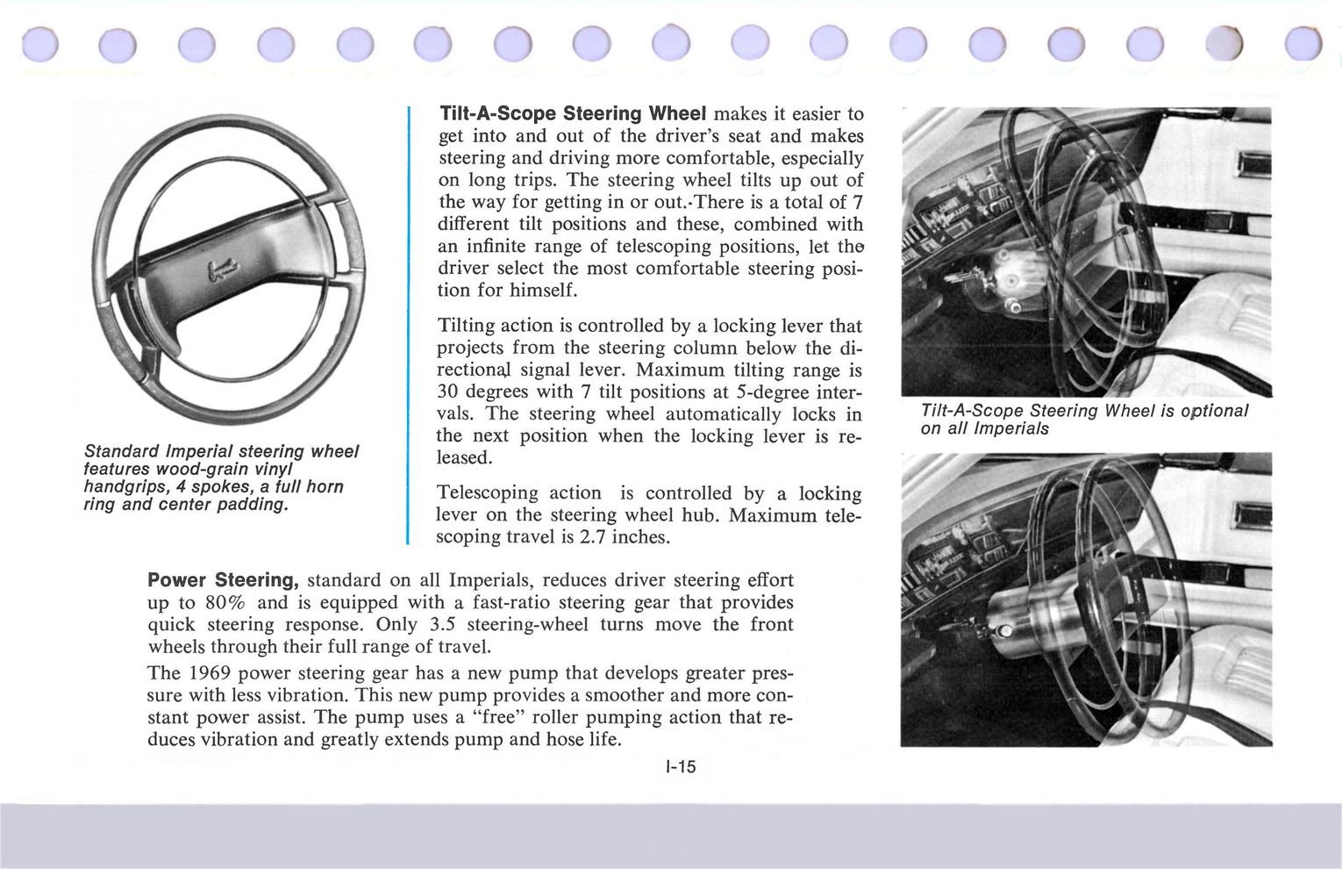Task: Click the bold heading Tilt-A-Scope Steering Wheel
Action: click(572, 114)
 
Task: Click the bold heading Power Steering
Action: click(224, 580)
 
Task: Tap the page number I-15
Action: click(681, 766)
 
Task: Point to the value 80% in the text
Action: click(227, 602)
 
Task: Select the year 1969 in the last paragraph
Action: click(209, 673)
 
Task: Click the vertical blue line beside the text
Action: click(409, 325)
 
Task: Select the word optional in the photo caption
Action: click(1214, 411)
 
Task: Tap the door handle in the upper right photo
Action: click(1252, 164)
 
